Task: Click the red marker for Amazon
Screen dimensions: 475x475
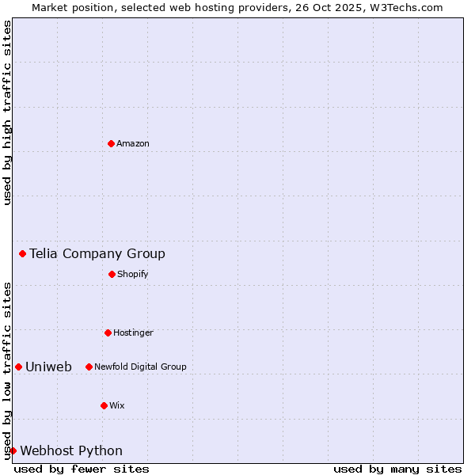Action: (111, 143)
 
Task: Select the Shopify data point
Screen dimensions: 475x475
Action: (112, 274)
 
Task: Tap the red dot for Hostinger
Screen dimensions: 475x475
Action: (108, 332)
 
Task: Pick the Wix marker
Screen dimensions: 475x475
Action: (104, 405)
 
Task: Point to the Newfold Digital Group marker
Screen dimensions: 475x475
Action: (89, 367)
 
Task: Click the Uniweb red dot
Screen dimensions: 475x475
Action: (18, 367)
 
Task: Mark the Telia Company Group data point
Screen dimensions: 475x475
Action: (22, 253)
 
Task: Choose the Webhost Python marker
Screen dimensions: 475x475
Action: (13, 450)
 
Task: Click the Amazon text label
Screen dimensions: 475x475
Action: (133, 143)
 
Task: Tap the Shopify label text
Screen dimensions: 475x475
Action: (133, 274)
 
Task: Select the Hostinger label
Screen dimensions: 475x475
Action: (133, 332)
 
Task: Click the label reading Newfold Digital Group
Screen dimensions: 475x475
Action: (140, 367)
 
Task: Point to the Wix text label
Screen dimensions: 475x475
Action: (117, 405)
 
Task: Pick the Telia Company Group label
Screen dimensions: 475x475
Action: (97, 253)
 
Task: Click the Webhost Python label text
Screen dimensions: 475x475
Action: (71, 450)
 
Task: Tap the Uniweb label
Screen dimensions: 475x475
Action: (48, 367)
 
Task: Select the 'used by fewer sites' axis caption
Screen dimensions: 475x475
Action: (82, 469)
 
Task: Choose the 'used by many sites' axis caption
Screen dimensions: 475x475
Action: (397, 469)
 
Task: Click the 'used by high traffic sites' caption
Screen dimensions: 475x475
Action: (7, 112)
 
